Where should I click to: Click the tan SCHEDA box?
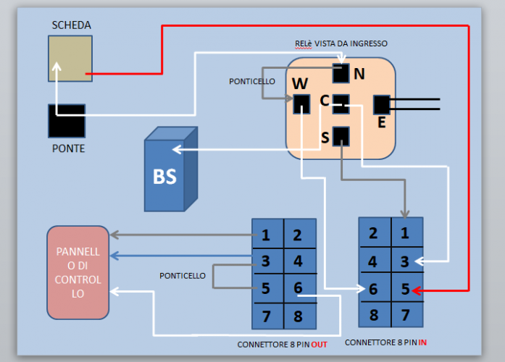pos(70,58)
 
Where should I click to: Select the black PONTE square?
pos(66,121)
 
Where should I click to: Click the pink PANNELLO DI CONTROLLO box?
pos(78,272)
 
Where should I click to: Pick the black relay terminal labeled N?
pos(341,73)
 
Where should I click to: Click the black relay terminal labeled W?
pos(301,104)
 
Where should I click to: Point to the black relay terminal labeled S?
pos(341,136)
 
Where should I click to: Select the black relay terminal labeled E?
pos(382,104)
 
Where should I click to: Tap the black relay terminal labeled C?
pos(341,104)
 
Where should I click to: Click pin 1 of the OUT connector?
pos(267,235)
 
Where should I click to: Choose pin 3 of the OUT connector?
pos(267,261)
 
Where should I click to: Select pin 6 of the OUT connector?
pos(299,288)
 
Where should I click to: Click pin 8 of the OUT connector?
pos(299,315)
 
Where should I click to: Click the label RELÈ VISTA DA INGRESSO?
pos(341,43)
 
